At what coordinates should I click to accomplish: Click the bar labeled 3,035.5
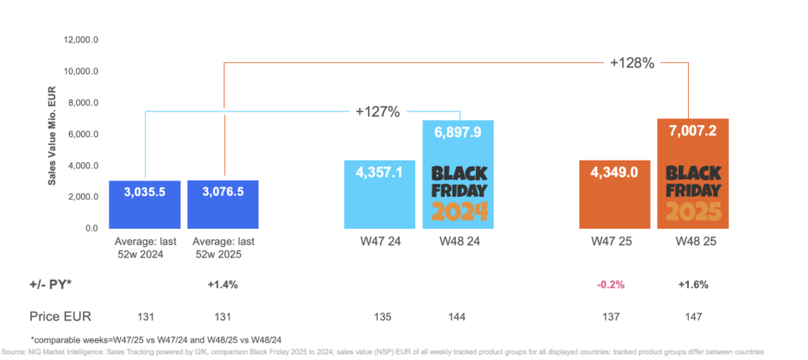click(144, 205)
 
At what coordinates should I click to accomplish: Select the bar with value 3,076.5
click(224, 205)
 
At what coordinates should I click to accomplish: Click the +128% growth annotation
click(634, 63)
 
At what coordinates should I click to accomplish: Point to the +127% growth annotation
click(377, 111)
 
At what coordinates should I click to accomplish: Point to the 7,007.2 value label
click(693, 131)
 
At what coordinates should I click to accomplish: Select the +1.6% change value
click(691, 283)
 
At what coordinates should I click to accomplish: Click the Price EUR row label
click(60, 316)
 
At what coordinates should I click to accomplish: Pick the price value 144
click(458, 316)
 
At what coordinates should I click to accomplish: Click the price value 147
click(692, 316)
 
